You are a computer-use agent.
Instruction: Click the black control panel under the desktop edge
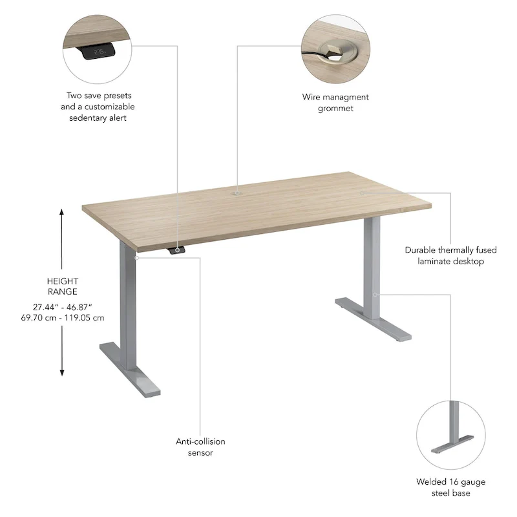coord(176,251)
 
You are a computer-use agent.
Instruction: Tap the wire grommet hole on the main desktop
coord(237,192)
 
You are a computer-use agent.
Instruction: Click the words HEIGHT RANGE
coord(63,286)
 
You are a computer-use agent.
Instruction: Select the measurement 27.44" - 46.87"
coord(63,306)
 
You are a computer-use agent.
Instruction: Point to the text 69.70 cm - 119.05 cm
coord(63,317)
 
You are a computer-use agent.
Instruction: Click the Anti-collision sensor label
coord(200,447)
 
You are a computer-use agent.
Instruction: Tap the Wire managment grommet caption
coord(335,103)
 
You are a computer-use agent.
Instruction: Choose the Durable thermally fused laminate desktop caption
coord(444,255)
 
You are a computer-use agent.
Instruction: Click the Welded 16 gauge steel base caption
coord(451,487)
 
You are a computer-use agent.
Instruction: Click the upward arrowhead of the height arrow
coord(62,213)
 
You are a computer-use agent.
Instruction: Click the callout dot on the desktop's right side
coord(363,192)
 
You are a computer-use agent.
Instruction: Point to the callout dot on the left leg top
coord(136,257)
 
